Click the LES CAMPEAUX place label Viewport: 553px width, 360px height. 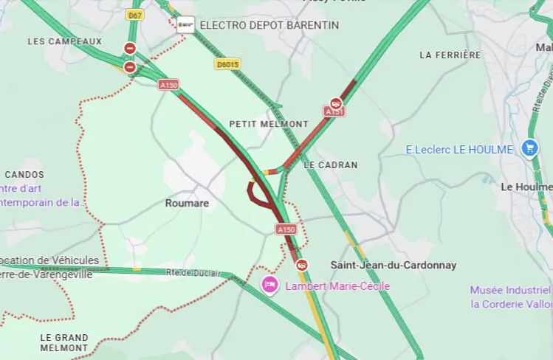(65, 41)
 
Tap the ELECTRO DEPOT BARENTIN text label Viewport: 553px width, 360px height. (269, 25)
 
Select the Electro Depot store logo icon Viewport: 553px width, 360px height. (186, 24)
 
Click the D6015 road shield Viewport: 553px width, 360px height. (227, 64)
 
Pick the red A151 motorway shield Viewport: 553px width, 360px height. (334, 111)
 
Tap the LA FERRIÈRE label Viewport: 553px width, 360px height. (450, 55)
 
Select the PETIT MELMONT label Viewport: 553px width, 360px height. (269, 124)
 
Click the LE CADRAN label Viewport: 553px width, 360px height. (330, 165)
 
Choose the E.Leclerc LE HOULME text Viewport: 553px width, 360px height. (459, 150)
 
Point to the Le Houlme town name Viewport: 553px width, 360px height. (526, 187)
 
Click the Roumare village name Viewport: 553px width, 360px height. (187, 203)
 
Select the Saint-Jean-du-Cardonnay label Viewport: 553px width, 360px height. (393, 265)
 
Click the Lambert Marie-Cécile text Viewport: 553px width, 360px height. (337, 286)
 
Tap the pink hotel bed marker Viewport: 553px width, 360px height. (270, 284)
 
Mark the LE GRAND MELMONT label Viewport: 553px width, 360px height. (64, 342)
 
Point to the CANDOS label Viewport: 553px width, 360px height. (24, 175)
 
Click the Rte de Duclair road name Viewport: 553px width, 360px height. (193, 274)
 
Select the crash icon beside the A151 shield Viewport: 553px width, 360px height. (336, 103)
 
